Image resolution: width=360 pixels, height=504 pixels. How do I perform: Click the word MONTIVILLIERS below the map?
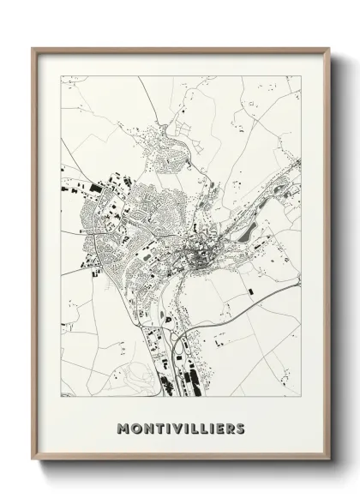coord(180,427)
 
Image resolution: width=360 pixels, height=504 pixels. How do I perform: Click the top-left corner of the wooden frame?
coord(33,48)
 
